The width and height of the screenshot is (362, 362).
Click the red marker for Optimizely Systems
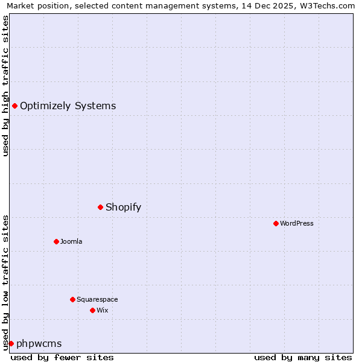[14, 106]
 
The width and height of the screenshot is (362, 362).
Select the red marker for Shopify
[100, 208]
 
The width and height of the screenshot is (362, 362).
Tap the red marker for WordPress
[276, 224]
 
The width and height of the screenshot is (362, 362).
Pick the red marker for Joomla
[56, 242]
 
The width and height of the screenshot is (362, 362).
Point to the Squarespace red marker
[72, 300]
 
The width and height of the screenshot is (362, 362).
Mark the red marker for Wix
[92, 311]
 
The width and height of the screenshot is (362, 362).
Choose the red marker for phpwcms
[11, 344]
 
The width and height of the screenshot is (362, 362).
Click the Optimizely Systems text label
[68, 106]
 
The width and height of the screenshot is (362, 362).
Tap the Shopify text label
[123, 208]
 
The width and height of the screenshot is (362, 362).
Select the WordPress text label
[296, 224]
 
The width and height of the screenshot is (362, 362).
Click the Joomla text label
[71, 242]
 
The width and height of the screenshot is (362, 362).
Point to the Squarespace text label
[97, 300]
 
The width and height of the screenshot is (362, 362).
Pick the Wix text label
[102, 311]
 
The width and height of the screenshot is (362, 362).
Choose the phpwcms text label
[39, 344]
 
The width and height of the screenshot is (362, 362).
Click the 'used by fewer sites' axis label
[62, 357]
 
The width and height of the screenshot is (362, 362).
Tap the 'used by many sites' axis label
[303, 357]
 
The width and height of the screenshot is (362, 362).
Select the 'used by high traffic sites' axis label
[5, 86]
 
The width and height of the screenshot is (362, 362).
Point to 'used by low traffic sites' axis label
[5, 282]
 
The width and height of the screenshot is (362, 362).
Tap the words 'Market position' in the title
[34, 5]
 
